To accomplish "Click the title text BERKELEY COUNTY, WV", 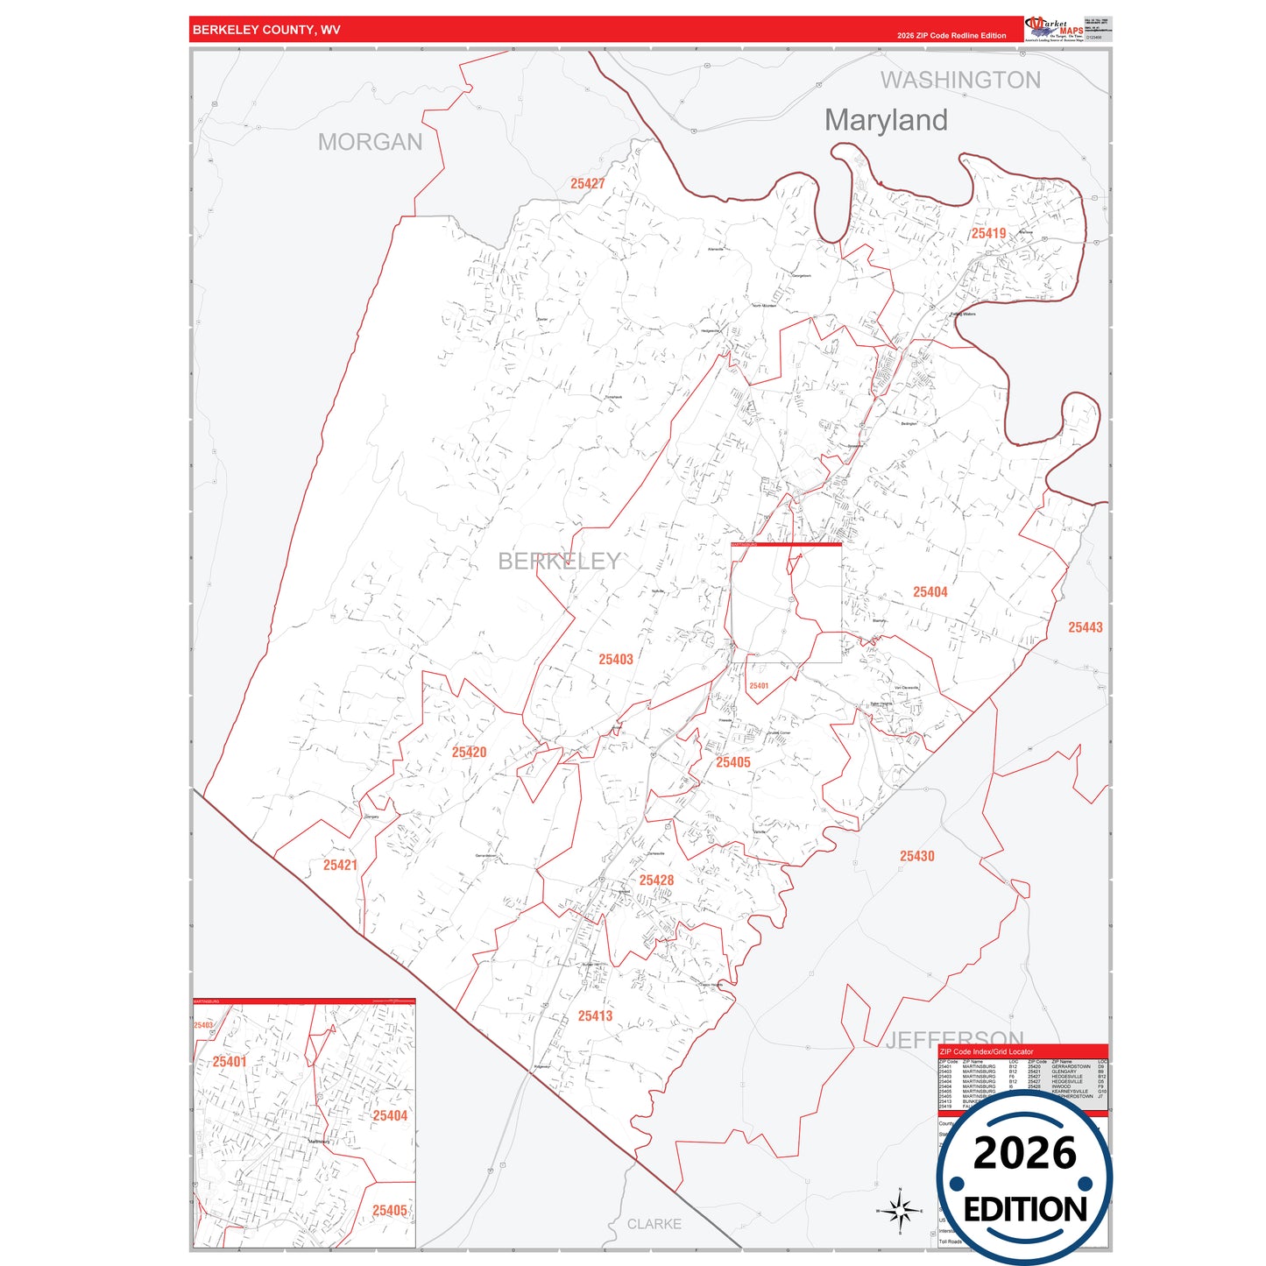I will (x=266, y=30).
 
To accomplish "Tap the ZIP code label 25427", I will (x=588, y=184).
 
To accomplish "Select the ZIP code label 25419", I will (x=988, y=233).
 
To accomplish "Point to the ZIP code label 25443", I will (x=1086, y=627).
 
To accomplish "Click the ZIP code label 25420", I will (x=469, y=753).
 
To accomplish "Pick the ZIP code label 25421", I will (x=340, y=866).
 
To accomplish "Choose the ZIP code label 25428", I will (x=656, y=881).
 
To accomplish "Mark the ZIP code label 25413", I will (x=595, y=1016).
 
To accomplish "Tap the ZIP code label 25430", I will (x=916, y=856).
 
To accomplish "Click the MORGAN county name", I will (x=370, y=142).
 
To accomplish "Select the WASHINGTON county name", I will (x=960, y=81).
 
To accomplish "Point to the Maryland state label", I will (x=886, y=120).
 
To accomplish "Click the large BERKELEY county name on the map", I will (x=559, y=562).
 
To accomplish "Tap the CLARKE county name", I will (x=654, y=1224).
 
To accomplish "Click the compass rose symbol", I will (x=900, y=1211).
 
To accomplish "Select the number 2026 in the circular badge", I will (x=1024, y=1154).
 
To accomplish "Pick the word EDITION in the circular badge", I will (x=1025, y=1210).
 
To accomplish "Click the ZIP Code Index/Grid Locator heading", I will (x=986, y=1051).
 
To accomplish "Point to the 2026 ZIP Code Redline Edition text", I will (x=951, y=36).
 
